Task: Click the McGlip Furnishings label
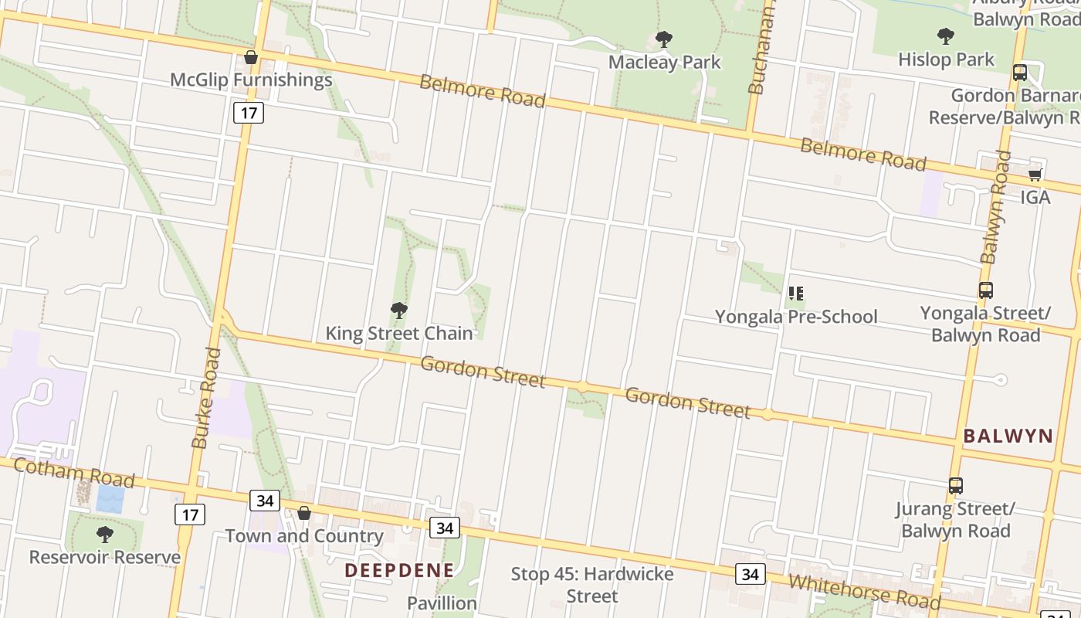[251, 80]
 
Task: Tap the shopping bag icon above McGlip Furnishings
[250, 57]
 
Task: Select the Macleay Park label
[664, 62]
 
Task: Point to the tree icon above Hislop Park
[945, 36]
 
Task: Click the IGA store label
[1035, 197]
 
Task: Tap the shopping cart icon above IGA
[1035, 175]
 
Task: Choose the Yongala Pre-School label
[795, 317]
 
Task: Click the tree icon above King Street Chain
[398, 311]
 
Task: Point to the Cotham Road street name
[73, 472]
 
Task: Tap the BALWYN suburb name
[1008, 436]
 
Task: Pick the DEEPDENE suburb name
[398, 570]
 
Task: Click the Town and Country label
[303, 535]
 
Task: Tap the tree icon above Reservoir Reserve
[104, 534]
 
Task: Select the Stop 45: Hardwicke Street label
[591, 585]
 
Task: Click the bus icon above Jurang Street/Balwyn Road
[955, 486]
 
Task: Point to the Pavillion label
[442, 603]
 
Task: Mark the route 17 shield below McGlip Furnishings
[248, 113]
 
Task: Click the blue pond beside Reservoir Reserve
[110, 499]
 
